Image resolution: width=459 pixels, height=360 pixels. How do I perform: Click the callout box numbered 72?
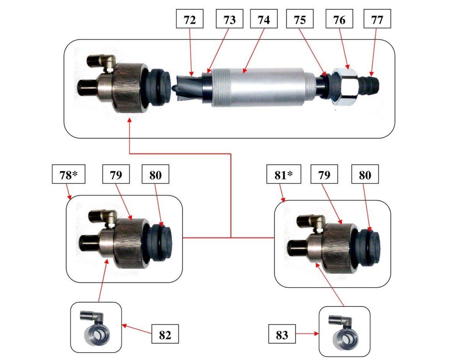[189, 20]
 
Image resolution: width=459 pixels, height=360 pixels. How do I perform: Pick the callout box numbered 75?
[300, 20]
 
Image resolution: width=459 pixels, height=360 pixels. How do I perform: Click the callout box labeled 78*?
[68, 175]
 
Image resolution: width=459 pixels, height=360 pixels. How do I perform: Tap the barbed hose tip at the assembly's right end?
[371, 83]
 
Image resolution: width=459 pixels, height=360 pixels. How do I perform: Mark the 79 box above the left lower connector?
[116, 175]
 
